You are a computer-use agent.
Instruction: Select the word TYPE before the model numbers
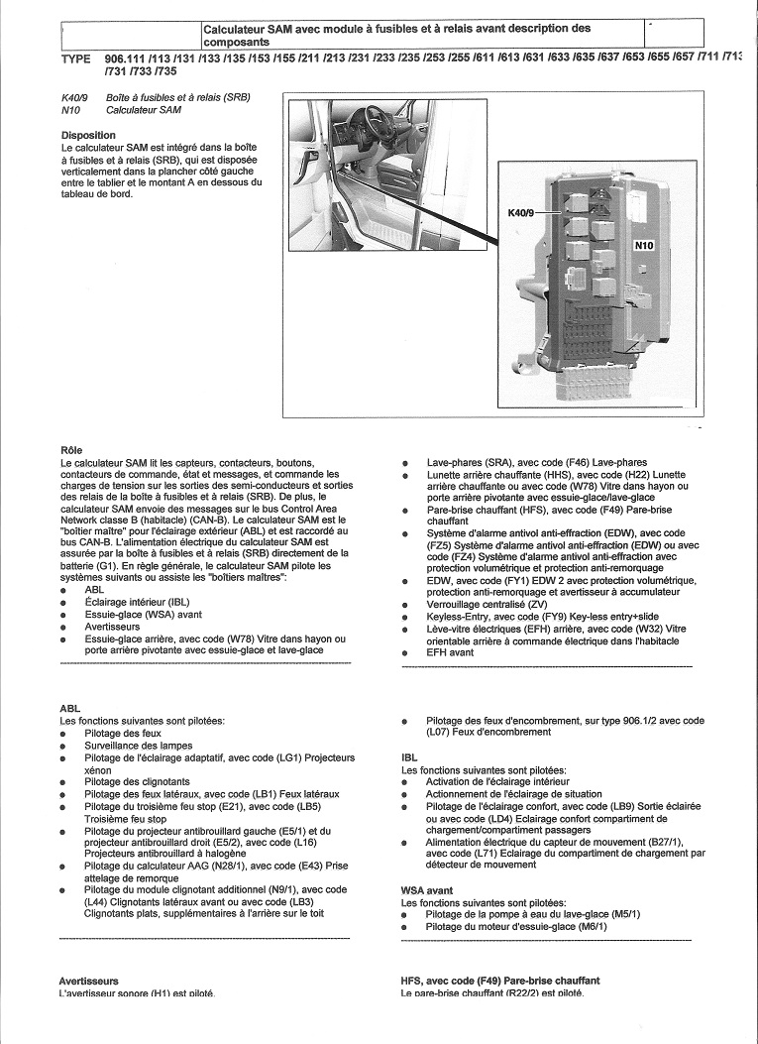(x=81, y=59)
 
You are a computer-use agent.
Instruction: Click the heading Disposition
(x=88, y=135)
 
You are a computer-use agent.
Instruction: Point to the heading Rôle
(x=71, y=450)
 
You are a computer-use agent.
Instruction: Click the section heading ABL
(x=69, y=709)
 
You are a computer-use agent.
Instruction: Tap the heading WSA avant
(x=427, y=890)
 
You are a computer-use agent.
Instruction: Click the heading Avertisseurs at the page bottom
(x=88, y=981)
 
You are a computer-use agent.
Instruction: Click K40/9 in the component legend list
(x=75, y=98)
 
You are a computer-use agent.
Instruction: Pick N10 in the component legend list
(x=69, y=110)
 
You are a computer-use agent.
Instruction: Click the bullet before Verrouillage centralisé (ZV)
(x=406, y=604)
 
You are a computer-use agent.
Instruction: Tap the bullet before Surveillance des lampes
(x=64, y=746)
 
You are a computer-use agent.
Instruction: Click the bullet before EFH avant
(x=406, y=652)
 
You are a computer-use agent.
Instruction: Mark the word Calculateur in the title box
(x=237, y=31)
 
